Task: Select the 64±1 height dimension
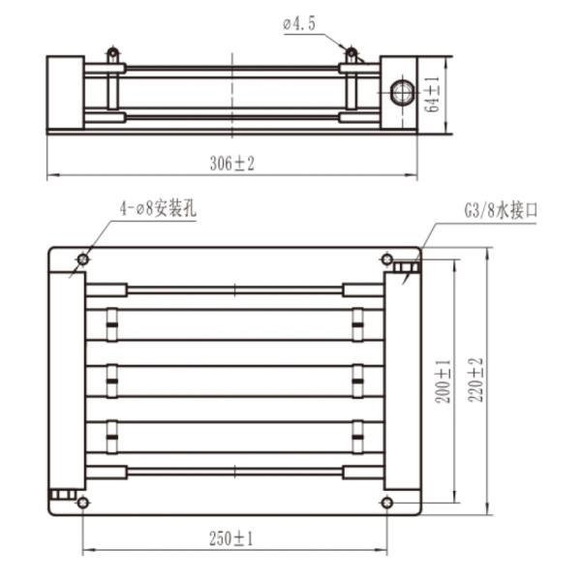coord(433,94)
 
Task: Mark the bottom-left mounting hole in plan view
coord(82,502)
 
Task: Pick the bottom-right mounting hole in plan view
coord(387,502)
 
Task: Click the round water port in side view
coord(400,93)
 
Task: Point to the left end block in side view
coord(66,93)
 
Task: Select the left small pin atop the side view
coord(113,52)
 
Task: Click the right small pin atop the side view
coord(352,52)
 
